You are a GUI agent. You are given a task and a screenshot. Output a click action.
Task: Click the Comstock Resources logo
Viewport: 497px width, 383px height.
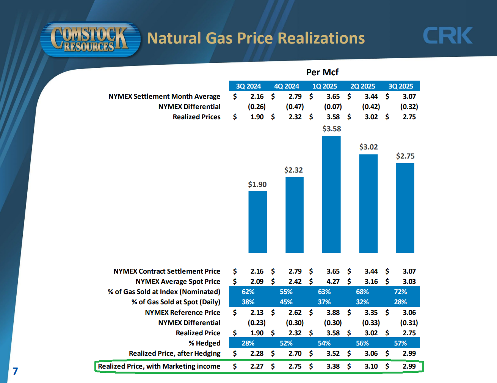click(x=90, y=39)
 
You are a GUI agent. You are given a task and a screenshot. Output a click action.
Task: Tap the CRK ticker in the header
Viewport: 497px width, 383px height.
click(x=447, y=36)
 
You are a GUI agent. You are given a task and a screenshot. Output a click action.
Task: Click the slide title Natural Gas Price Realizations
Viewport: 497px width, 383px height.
click(x=256, y=38)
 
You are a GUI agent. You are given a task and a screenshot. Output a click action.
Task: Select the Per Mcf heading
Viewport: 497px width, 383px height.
click(x=322, y=72)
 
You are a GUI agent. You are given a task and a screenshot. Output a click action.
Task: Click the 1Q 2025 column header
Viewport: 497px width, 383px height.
click(x=325, y=86)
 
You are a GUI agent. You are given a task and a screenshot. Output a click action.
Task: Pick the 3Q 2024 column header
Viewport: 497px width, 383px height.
click(x=248, y=86)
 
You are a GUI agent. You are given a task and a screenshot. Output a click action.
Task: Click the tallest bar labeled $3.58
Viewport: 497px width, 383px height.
click(x=331, y=194)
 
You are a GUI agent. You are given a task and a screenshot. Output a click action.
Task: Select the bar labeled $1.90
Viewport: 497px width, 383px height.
click(x=258, y=222)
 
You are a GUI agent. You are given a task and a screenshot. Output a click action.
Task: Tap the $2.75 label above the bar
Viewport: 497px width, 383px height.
click(x=405, y=156)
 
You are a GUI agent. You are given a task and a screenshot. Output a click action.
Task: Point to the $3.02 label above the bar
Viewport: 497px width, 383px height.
click(x=368, y=147)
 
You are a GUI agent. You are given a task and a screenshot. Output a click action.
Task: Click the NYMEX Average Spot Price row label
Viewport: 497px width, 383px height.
click(x=178, y=282)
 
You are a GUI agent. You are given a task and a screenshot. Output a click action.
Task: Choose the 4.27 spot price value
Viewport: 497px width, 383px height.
click(x=333, y=282)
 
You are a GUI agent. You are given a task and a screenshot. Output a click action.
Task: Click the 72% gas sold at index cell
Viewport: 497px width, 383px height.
click(x=400, y=292)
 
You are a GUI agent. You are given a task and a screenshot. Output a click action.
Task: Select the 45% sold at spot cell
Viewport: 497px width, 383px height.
click(x=286, y=302)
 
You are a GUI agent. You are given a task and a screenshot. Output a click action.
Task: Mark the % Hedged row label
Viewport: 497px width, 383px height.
click(x=204, y=343)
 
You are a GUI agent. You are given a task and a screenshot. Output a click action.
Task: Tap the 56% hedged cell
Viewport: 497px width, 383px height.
click(x=362, y=343)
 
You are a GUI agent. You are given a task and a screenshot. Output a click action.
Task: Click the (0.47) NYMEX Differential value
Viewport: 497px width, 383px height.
click(x=295, y=107)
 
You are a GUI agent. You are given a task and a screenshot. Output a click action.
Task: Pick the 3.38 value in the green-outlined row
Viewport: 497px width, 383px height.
click(x=333, y=366)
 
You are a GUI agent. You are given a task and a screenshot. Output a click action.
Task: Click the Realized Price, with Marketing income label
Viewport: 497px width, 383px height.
click(x=159, y=366)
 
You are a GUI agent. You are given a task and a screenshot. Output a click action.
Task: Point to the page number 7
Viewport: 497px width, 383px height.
click(x=15, y=371)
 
